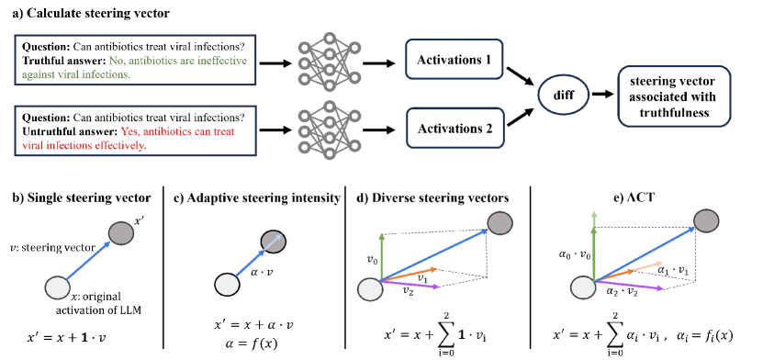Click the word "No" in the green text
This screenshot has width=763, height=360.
[116, 61]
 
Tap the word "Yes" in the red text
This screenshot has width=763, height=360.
[129, 131]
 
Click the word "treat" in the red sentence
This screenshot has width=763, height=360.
[223, 131]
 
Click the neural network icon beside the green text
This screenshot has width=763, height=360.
[329, 62]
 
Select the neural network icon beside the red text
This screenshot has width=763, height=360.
[329, 129]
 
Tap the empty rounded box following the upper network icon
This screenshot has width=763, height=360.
[454, 59]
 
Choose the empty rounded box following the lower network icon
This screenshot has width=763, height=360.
[454, 128]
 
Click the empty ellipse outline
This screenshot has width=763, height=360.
[563, 95]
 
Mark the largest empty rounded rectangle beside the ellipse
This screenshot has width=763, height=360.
[674, 96]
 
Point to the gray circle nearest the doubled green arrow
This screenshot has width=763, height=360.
[706, 220]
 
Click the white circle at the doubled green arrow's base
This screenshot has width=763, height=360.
[583, 287]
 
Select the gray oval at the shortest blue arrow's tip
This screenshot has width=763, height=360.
[273, 242]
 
